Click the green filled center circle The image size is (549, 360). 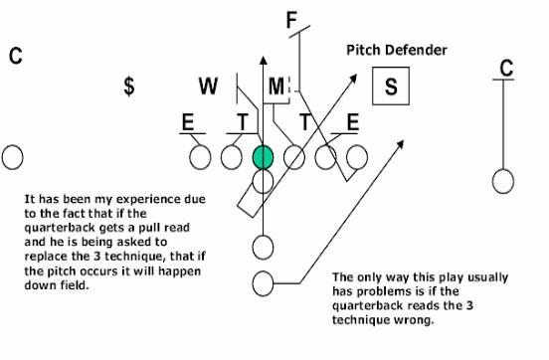pyautogui.click(x=263, y=157)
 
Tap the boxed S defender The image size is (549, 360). pyautogui.click(x=391, y=87)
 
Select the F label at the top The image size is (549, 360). pyautogui.click(x=291, y=20)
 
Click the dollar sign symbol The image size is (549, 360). pyautogui.click(x=129, y=87)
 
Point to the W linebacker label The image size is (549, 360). pyautogui.click(x=208, y=87)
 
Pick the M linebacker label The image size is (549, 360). pyautogui.click(x=275, y=87)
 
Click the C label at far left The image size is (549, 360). pyautogui.click(x=16, y=56)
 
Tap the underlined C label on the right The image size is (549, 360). pyautogui.click(x=506, y=69)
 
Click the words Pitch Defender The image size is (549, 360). pyautogui.click(x=396, y=50)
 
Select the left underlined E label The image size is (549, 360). pyautogui.click(x=187, y=122)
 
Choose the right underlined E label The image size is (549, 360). pyautogui.click(x=351, y=122)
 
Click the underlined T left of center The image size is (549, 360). pyautogui.click(x=242, y=122)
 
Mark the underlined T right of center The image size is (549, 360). pyautogui.click(x=306, y=122)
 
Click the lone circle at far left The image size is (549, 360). pyautogui.click(x=12, y=157)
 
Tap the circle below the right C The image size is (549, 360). pyautogui.click(x=504, y=181)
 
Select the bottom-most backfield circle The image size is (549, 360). pyautogui.click(x=264, y=283)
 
